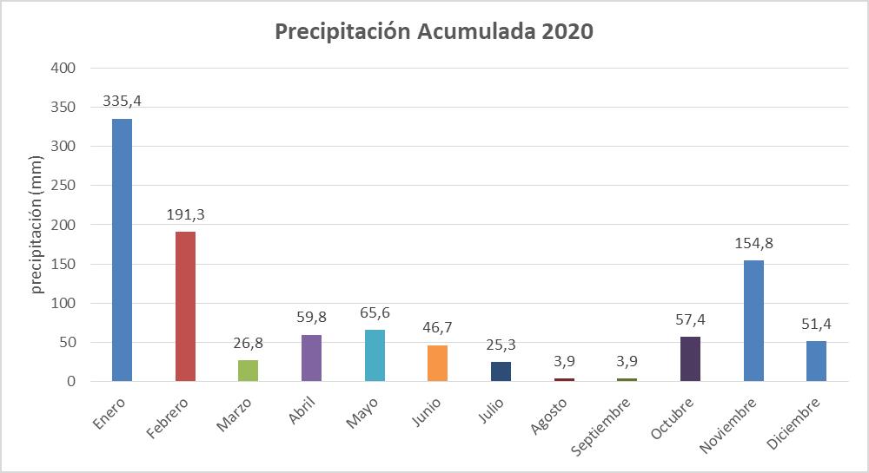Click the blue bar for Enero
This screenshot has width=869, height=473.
click(x=122, y=250)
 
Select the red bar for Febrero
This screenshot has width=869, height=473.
click(x=185, y=306)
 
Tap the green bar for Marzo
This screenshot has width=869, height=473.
click(x=249, y=371)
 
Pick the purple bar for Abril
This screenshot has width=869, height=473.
click(x=311, y=358)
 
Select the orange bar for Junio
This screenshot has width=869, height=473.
click(x=437, y=363)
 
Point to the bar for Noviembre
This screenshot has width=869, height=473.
click(x=753, y=320)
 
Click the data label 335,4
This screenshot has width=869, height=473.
click(x=122, y=101)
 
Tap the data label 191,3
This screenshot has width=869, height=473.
click(x=185, y=214)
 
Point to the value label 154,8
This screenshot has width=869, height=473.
click(x=753, y=243)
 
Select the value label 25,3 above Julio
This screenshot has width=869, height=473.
click(x=501, y=344)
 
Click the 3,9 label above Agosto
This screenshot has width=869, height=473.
click(x=564, y=360)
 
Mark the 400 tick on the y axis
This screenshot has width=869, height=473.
click(x=64, y=68)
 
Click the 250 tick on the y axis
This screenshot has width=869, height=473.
click(x=64, y=186)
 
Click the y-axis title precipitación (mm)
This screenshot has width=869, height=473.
click(x=37, y=224)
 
